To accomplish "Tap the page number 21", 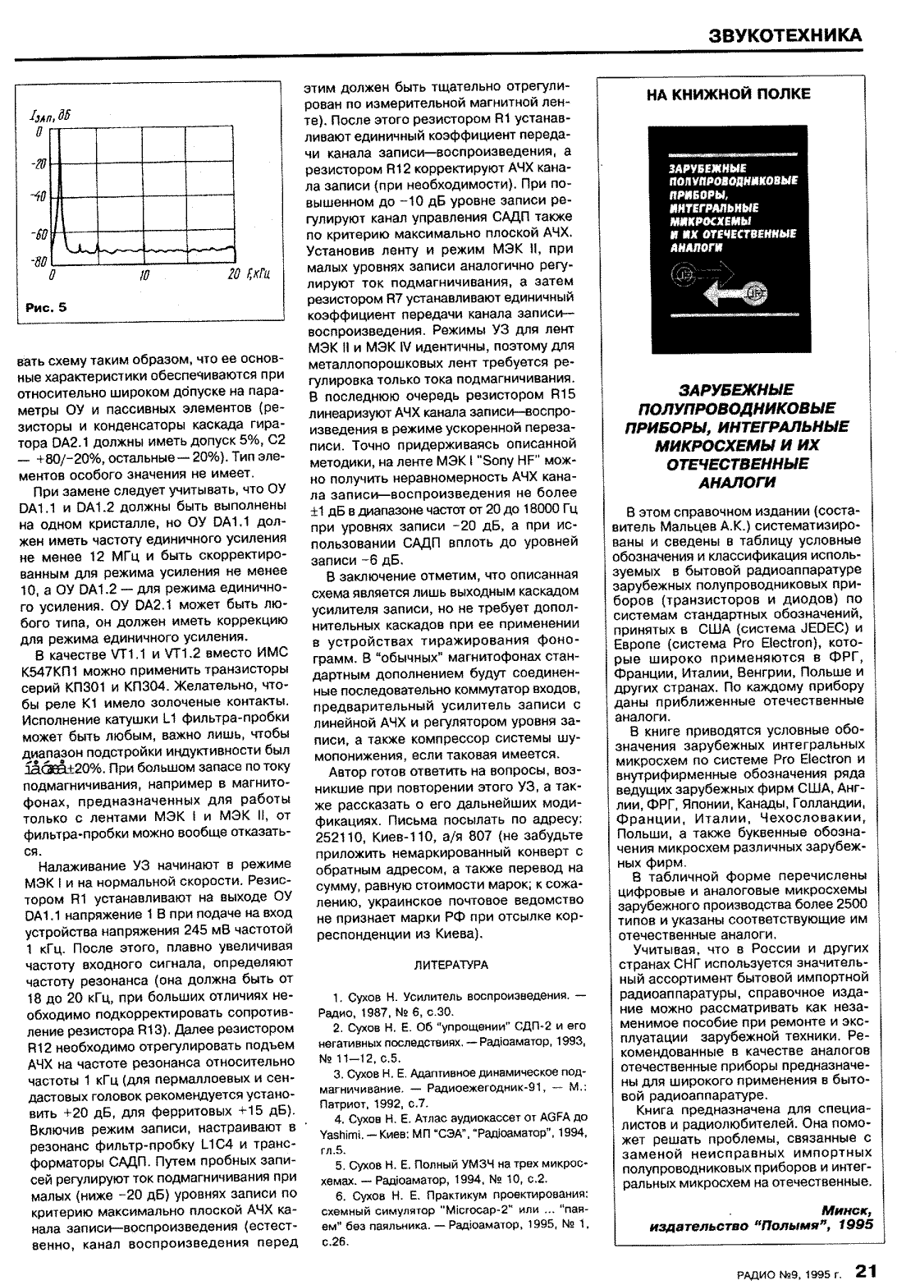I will click(867, 1269).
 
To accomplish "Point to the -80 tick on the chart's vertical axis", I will click(38, 262).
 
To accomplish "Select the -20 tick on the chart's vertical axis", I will click(38, 165).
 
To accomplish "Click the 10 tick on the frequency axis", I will click(144, 275).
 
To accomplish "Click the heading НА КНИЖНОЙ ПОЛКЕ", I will click(728, 94).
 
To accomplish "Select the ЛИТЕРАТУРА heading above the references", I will click(451, 965).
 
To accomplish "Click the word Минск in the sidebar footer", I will click(845, 1211).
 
